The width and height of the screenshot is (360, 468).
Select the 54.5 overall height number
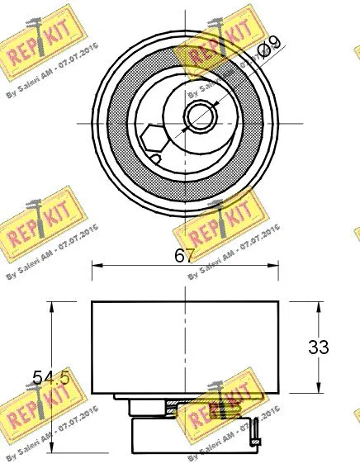50,379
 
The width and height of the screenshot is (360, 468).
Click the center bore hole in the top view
200,117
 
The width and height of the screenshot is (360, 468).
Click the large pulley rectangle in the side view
186,347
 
